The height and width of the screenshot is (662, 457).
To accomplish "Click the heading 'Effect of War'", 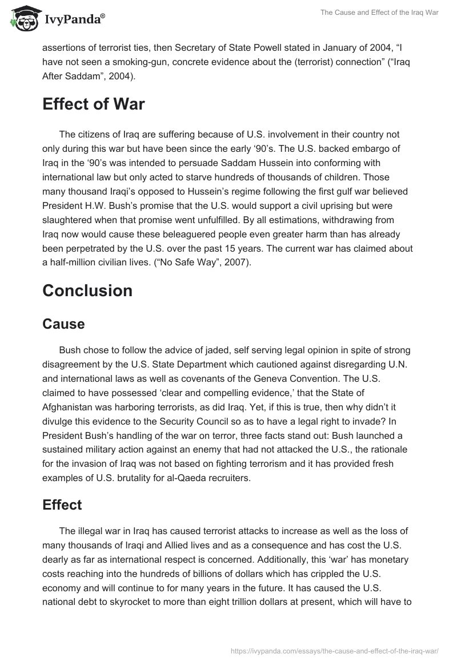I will (x=93, y=104).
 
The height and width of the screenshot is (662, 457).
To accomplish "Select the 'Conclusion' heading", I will (x=87, y=290).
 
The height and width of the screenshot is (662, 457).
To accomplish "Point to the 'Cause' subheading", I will (x=63, y=324).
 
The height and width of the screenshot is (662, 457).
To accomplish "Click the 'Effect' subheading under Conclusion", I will (x=62, y=504).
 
